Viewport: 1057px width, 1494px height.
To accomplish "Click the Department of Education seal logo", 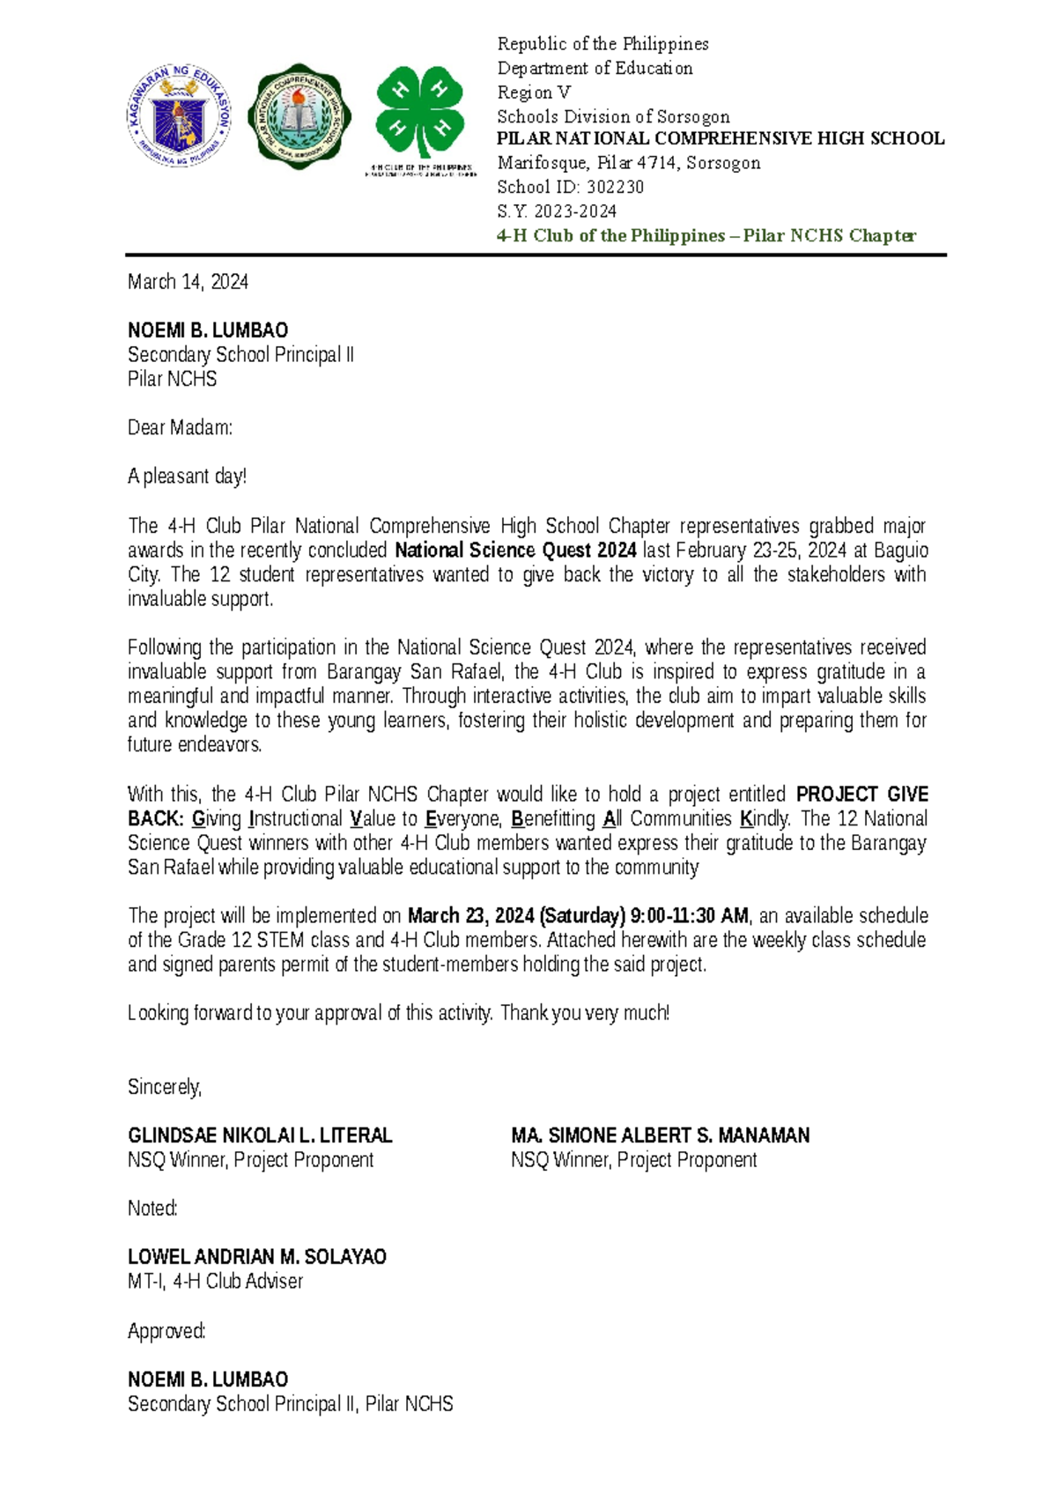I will (180, 116).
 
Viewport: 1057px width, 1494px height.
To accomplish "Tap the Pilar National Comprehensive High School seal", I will (299, 116).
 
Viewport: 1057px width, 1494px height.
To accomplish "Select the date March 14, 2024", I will (188, 282).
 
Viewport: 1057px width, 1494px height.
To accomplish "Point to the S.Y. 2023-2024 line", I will (557, 211).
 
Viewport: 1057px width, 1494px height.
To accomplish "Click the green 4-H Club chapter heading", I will (706, 236).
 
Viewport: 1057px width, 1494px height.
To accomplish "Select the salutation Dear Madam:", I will (180, 428).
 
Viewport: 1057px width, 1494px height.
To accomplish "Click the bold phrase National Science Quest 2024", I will (515, 551).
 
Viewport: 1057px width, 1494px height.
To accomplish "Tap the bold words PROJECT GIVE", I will (861, 795).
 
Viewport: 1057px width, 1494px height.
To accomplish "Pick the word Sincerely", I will (165, 1087).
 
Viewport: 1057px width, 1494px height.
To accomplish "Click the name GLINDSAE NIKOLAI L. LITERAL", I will (260, 1135).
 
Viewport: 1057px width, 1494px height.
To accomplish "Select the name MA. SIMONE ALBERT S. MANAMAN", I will (660, 1135).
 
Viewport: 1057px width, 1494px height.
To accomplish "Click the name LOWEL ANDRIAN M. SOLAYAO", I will (256, 1257).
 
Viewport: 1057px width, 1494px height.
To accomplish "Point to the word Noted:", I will (152, 1209).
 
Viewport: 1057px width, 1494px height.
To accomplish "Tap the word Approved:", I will (166, 1331).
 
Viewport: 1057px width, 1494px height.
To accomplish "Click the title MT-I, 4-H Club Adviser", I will (215, 1282).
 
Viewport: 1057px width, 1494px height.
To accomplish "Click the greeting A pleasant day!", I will (187, 477).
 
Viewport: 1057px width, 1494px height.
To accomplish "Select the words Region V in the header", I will (534, 92).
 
